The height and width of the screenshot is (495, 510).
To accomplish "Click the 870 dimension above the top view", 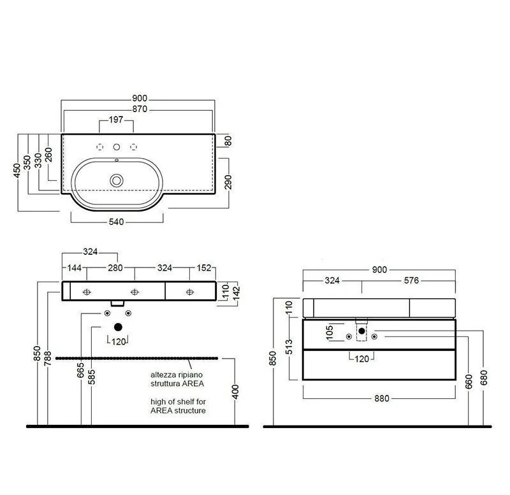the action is coord(140,109).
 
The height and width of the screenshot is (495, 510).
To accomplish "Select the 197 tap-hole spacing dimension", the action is coord(116,120).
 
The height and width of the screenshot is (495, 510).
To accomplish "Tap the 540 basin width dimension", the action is coord(116,222).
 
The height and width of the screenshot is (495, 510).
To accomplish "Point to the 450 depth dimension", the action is coord(17,170).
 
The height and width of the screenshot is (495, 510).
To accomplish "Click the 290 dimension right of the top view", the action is coord(228,182).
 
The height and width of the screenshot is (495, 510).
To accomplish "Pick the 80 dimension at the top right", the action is coord(228,141).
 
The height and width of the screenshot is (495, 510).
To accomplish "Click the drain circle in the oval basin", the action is coord(117,180).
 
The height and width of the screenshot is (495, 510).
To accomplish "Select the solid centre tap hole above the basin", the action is coord(117,147).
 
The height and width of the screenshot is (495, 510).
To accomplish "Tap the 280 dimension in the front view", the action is coord(115,268).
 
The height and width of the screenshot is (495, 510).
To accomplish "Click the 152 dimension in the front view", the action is coord(204,268).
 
